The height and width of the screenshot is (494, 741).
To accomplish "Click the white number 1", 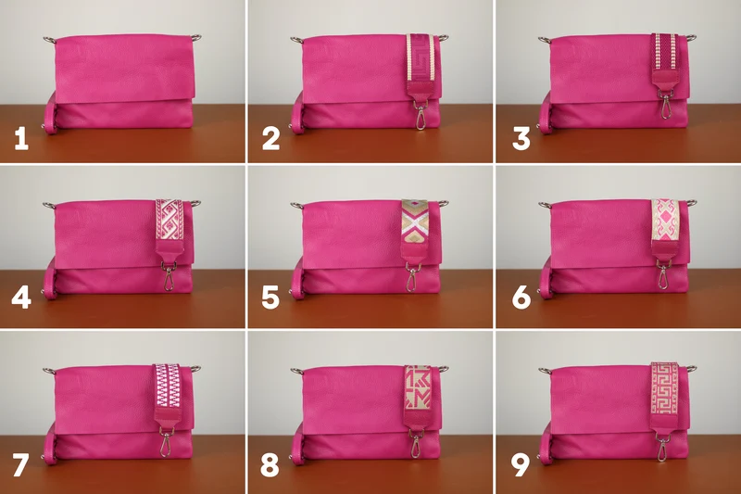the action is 21,139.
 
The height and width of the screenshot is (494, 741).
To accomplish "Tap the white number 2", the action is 270,139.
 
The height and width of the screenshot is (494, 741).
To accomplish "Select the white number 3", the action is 521,139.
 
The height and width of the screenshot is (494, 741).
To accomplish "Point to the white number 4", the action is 21,298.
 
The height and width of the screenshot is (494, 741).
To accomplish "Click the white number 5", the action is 270,298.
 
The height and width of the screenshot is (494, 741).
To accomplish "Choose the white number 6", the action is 521,298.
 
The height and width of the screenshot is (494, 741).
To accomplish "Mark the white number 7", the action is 20,464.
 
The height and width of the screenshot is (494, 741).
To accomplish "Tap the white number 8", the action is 270,464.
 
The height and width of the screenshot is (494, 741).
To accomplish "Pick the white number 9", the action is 521,464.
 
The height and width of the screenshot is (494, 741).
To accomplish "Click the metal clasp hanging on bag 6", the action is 663,275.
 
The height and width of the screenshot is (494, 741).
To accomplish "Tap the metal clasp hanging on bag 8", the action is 416,444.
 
